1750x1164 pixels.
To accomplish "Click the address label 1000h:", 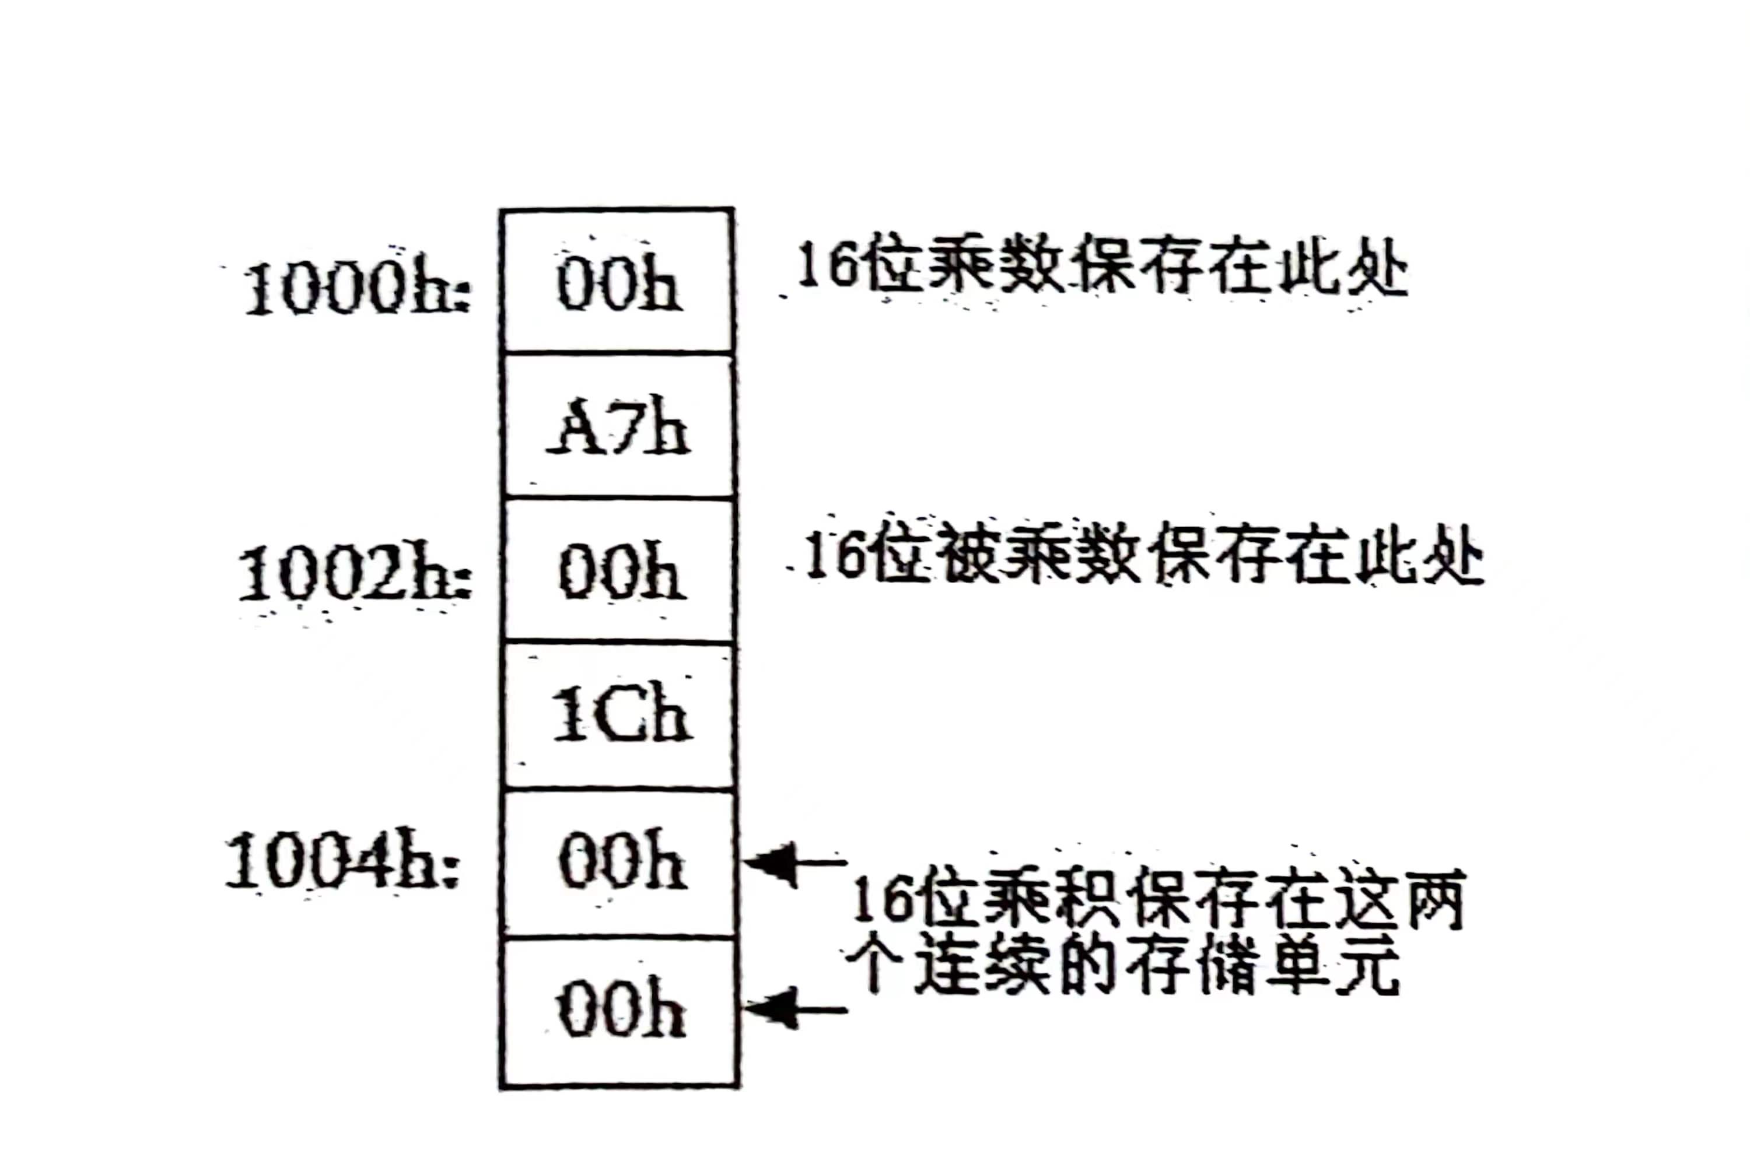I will click(356, 288).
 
